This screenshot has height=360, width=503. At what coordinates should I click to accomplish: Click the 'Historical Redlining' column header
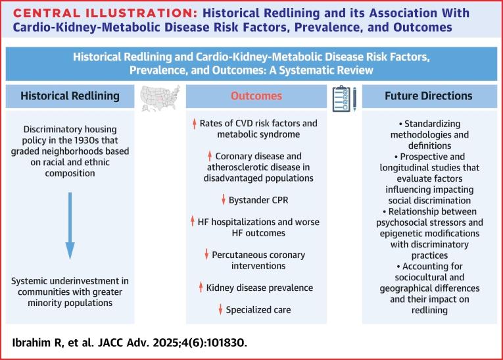[70, 96]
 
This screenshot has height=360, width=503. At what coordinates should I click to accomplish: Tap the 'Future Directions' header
[428, 96]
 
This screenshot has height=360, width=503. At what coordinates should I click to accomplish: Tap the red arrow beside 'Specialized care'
[221, 309]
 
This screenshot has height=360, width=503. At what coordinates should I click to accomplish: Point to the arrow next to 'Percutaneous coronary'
[207, 254]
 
